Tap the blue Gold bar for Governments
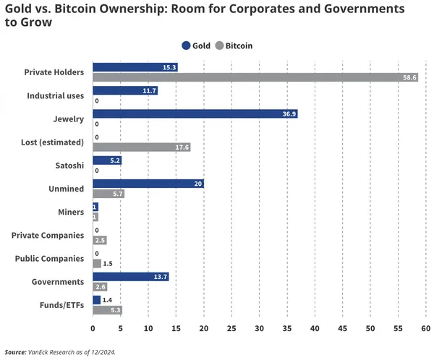click(x=131, y=277)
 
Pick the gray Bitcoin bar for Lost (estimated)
click(x=142, y=147)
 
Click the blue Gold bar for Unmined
click(x=148, y=184)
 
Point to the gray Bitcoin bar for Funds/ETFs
click(x=107, y=309)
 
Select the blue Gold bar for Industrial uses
click(x=125, y=91)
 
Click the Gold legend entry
click(x=196, y=46)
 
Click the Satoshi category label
click(x=70, y=165)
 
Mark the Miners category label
click(x=71, y=212)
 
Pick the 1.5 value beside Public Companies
click(x=108, y=263)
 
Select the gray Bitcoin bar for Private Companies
click(x=100, y=240)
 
